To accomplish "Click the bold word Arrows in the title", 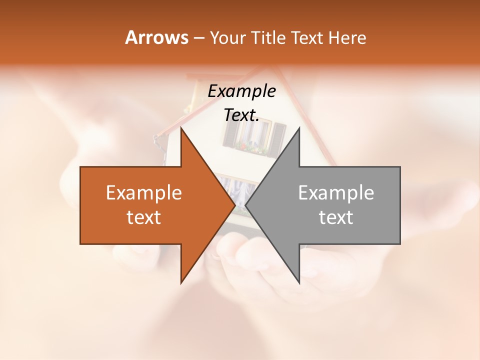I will coord(156,37).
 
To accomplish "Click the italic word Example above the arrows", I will coord(241,91).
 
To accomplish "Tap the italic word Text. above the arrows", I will coord(241,115).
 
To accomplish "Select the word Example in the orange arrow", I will coord(144,193).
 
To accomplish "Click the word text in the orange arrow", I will coord(144,217).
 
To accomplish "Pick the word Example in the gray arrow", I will coord(336,193).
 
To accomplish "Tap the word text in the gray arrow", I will coord(336,217).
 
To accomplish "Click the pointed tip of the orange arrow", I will coord(234,205).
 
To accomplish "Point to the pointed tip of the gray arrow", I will coord(246,205).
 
